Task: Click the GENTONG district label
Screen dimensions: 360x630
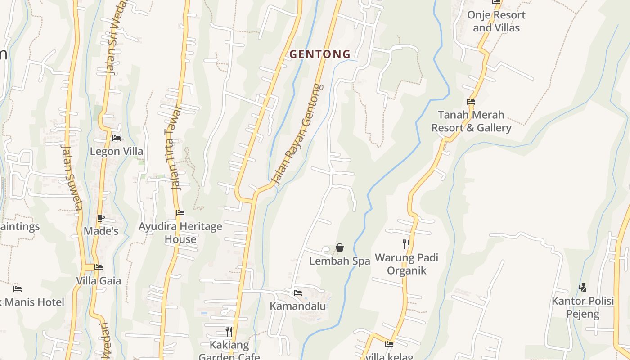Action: pos(319,54)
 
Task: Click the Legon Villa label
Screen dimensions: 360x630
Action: pos(117,151)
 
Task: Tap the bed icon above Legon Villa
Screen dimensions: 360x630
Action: pos(117,138)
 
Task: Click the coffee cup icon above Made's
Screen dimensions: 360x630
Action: pos(101,218)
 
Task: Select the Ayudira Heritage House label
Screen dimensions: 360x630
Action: pos(180,233)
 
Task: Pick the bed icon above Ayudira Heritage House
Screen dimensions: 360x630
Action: pos(180,212)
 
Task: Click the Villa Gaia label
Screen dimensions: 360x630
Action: pos(99,281)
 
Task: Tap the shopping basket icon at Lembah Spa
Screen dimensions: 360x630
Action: pos(340,247)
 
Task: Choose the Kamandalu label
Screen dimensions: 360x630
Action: pos(297,306)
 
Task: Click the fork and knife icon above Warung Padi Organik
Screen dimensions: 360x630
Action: pos(406,244)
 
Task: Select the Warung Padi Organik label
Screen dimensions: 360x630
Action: pos(406,264)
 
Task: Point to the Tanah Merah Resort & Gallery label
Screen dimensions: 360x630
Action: pos(471,121)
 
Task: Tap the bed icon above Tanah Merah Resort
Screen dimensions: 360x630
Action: pos(471,102)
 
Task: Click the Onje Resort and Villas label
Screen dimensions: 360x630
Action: pos(496,21)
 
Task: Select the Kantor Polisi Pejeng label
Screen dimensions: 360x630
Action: pos(583,307)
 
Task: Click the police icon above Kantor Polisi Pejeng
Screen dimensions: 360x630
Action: pos(582,287)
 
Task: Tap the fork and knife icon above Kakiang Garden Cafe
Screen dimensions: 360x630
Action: pos(229,332)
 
